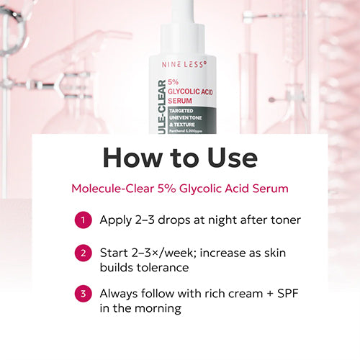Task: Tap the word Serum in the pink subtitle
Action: pyautogui.click(x=271, y=189)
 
